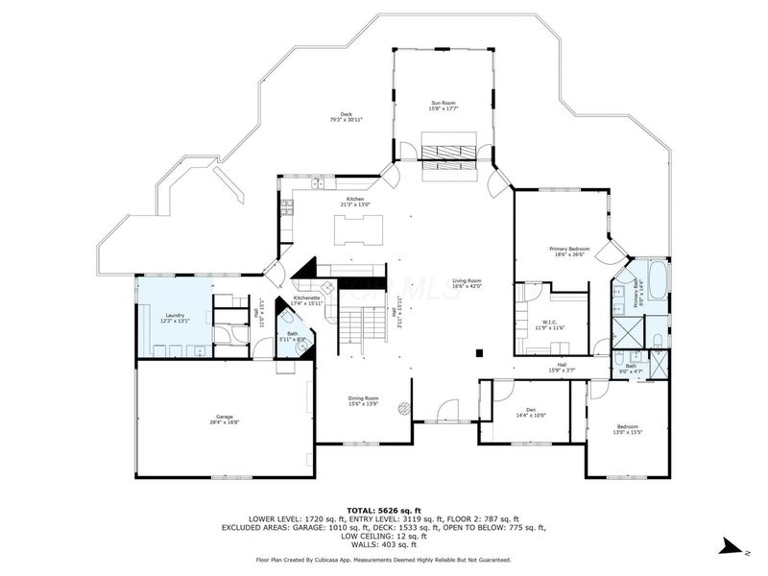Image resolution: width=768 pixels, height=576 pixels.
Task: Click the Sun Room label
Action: (x=442, y=102)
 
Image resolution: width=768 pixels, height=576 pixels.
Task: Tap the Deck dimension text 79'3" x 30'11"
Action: (x=347, y=120)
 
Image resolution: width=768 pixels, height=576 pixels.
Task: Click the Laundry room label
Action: (x=175, y=315)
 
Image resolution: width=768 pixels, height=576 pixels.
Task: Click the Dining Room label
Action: (x=363, y=397)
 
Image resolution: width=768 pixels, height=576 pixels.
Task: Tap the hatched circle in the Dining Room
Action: (x=406, y=407)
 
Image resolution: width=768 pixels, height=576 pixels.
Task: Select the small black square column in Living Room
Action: (x=477, y=353)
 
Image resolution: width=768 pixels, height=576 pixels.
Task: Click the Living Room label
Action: (x=467, y=280)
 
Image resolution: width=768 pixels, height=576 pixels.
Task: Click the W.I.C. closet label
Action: (x=548, y=324)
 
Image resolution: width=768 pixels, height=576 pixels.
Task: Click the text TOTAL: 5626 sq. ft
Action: (x=384, y=510)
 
